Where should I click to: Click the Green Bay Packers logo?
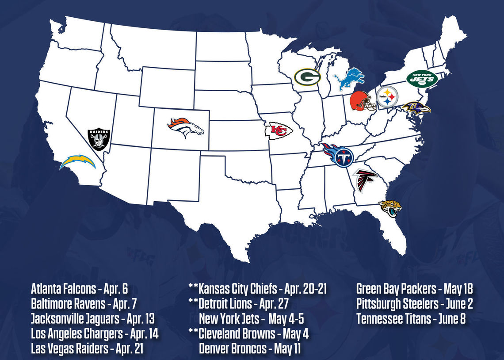click(x=307, y=77)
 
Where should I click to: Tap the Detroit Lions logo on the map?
click(x=348, y=80)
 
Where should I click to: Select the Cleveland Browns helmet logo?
click(x=362, y=101)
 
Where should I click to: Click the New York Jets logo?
click(x=422, y=79)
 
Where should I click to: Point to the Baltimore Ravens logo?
click(x=416, y=107)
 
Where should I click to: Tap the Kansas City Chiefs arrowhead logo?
click(x=278, y=131)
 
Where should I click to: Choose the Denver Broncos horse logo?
click(x=185, y=128)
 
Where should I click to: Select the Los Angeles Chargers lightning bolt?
click(x=78, y=162)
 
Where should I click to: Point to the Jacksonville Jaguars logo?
click(x=390, y=208)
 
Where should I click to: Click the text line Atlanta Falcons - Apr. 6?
click(x=79, y=289)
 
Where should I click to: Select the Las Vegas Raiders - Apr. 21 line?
click(x=87, y=349)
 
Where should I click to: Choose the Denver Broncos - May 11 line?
click(x=250, y=349)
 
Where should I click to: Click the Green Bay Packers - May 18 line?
click(x=414, y=289)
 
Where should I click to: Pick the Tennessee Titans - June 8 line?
click(x=411, y=319)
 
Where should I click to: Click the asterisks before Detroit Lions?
click(x=193, y=303)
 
